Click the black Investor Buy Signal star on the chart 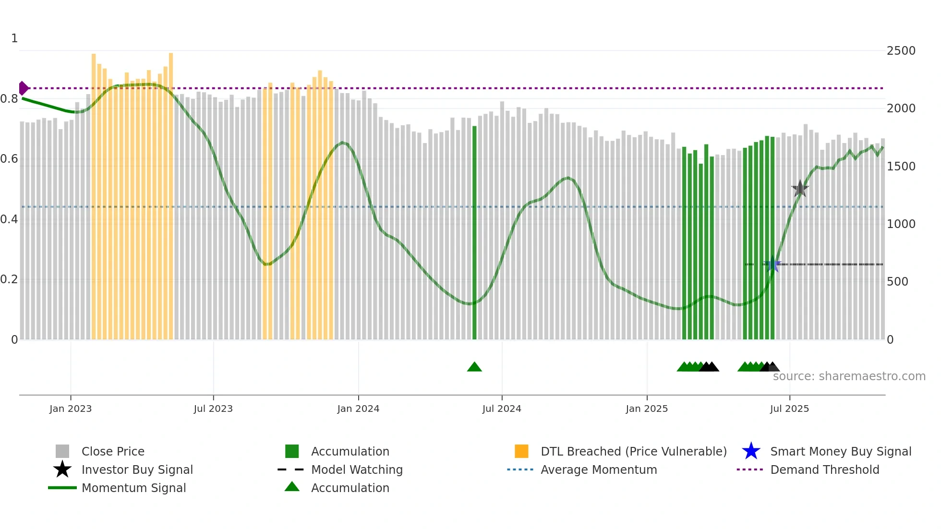(x=800, y=189)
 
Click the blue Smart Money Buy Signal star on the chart (x=772, y=264)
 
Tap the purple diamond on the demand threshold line (x=23, y=88)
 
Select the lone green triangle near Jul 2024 (x=474, y=367)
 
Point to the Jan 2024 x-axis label (x=358, y=409)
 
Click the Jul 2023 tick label (x=213, y=409)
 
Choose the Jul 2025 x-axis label (x=789, y=409)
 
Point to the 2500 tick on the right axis (x=901, y=51)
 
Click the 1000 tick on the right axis (x=901, y=224)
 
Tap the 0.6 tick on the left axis (x=9, y=159)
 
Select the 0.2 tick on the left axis (x=9, y=279)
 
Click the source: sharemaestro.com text (x=849, y=376)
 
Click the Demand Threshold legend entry (x=824, y=469)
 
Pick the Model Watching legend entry (x=357, y=469)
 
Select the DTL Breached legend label (x=633, y=451)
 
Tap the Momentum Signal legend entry (x=133, y=488)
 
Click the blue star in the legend (x=751, y=451)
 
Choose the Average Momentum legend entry (x=598, y=469)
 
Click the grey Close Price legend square (x=62, y=451)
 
